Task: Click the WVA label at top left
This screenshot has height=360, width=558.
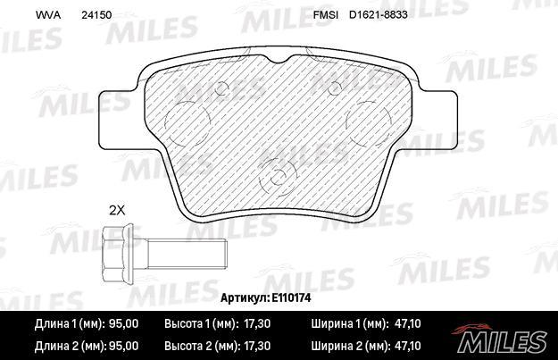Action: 48,15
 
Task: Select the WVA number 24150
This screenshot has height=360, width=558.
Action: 96,15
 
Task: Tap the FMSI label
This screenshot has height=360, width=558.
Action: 325,15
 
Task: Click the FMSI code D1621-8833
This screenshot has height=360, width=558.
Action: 378,15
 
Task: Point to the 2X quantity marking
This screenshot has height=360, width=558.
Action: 117,211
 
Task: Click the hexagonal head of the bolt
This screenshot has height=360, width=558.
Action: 117,254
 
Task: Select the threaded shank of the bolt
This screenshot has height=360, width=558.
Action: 187,254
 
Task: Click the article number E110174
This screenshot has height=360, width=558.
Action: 291,297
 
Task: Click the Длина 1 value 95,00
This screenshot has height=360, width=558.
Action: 123,323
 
